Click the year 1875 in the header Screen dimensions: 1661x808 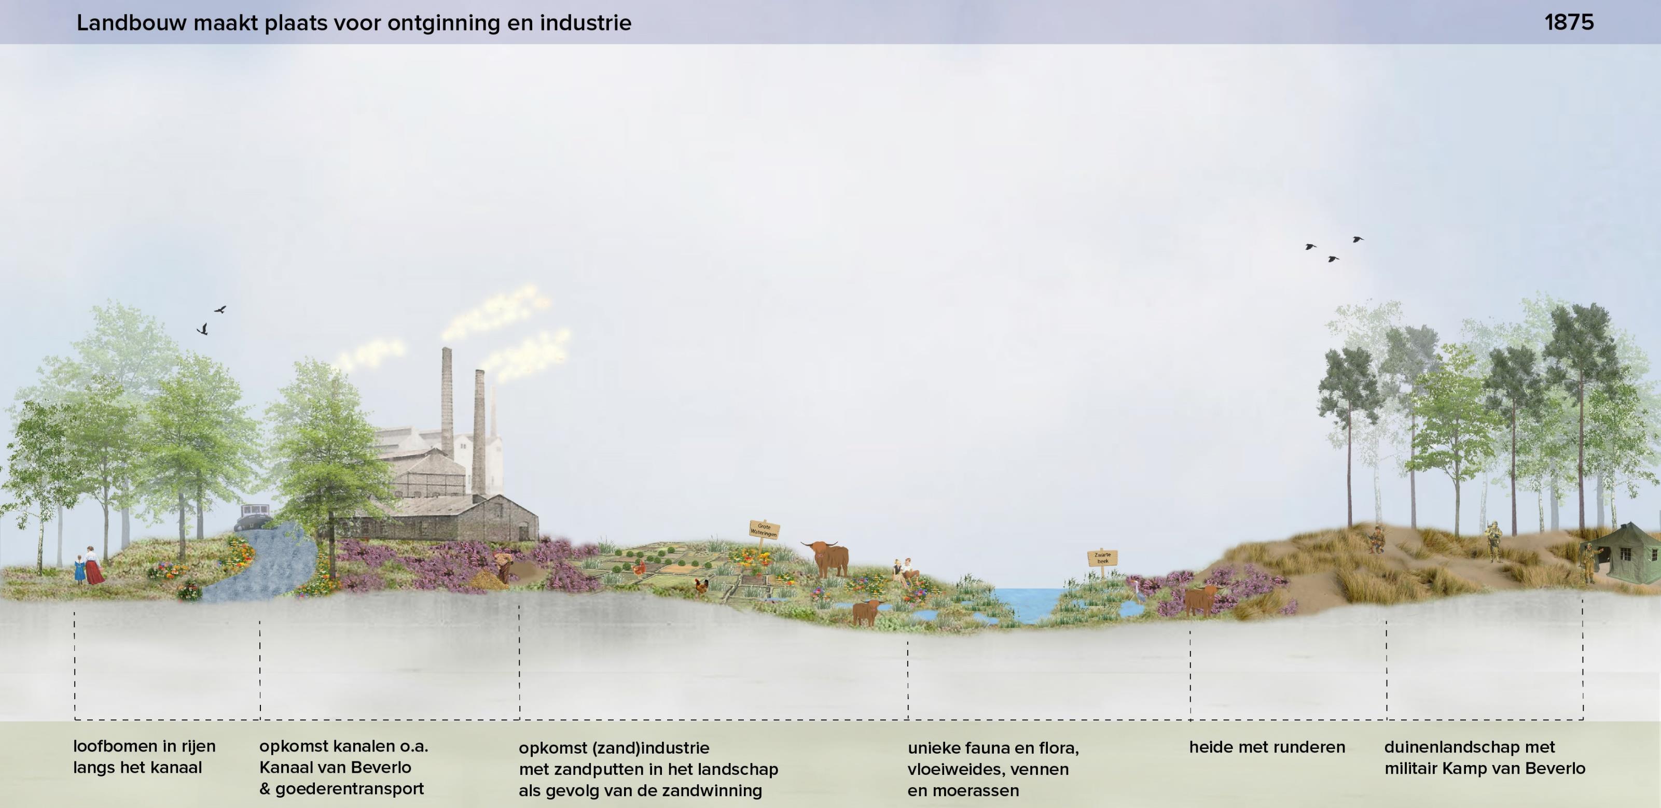pyautogui.click(x=1569, y=23)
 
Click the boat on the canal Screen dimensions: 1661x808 pyautogui.click(x=254, y=516)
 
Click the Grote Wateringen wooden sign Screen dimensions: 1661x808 pyautogui.click(x=764, y=530)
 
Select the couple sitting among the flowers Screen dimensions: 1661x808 pyautogui.click(x=904, y=571)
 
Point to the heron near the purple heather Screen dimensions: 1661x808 pyautogui.click(x=1139, y=590)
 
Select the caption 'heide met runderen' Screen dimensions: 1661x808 pyautogui.click(x=1266, y=747)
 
